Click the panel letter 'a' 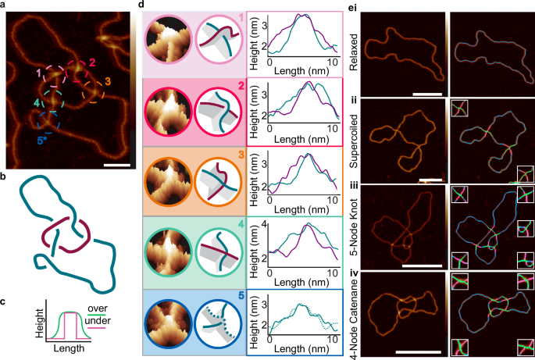click(x=5, y=5)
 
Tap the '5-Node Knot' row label click(x=354, y=226)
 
